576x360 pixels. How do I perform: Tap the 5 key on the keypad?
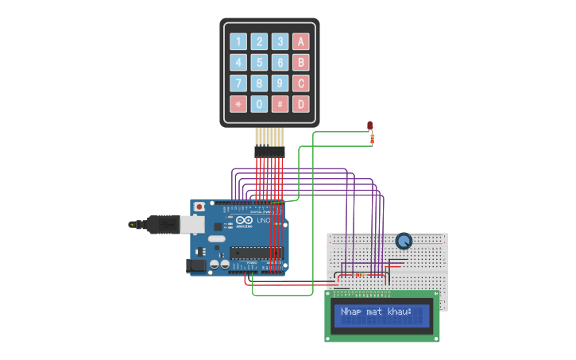259,63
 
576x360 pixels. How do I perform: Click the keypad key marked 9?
280,83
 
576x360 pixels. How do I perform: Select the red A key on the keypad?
300,42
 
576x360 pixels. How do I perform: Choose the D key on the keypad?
300,104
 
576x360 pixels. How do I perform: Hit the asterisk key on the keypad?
238,104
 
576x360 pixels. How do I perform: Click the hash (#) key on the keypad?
280,104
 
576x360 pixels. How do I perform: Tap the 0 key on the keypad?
259,104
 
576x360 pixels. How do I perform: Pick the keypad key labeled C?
300,83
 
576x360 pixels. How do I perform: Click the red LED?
370,125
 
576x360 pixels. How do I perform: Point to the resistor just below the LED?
372,140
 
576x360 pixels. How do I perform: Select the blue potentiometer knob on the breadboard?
404,240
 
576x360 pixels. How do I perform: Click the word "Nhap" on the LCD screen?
351,312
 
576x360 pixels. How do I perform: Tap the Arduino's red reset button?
199,207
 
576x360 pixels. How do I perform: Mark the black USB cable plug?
159,225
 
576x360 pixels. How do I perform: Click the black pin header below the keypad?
269,151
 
